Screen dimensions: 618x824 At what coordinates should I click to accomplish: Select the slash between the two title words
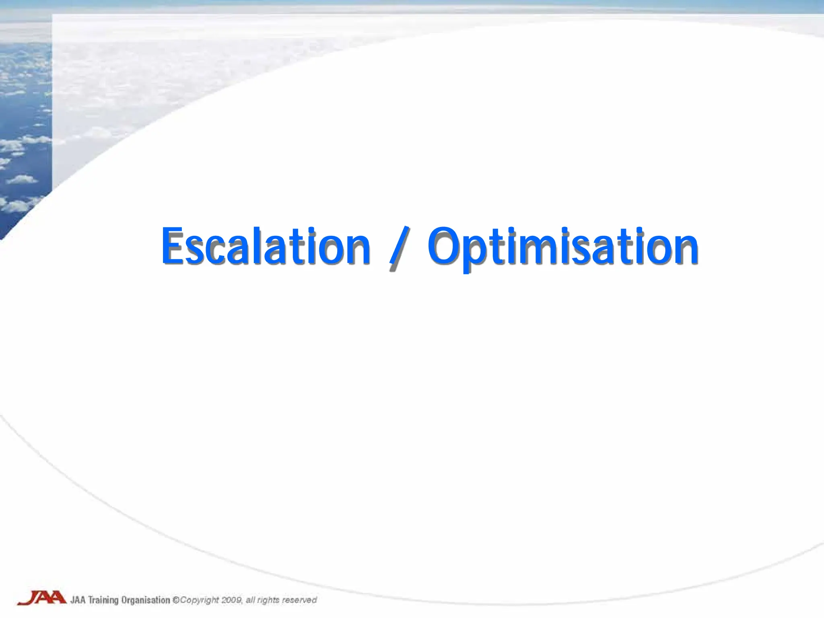click(x=400, y=247)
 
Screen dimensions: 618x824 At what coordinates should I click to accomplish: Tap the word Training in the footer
click(x=103, y=600)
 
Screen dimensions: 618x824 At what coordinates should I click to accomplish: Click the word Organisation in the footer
click(x=146, y=600)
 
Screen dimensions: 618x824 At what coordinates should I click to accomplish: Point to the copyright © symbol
click(x=176, y=600)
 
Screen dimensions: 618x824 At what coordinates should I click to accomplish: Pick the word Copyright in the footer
click(x=200, y=600)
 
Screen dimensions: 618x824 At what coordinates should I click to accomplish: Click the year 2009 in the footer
click(x=232, y=600)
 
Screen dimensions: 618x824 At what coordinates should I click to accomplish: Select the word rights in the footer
click(x=268, y=600)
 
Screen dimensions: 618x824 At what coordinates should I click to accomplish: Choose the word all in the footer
click(x=250, y=600)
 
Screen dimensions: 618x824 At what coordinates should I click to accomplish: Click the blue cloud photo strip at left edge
click(x=24, y=121)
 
